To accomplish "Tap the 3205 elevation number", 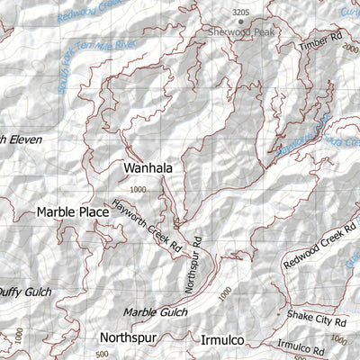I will (x=239, y=12).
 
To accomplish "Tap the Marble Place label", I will (x=73, y=212).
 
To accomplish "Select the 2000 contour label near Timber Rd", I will (x=350, y=51).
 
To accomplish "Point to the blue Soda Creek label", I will (x=343, y=140).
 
